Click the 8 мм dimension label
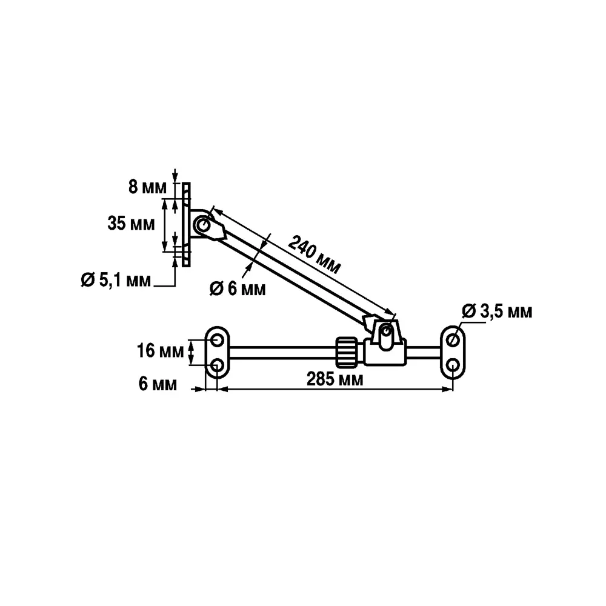[147, 187]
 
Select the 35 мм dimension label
[131, 224]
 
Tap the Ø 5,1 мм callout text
[116, 280]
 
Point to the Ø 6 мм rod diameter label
[238, 288]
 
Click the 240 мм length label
[315, 254]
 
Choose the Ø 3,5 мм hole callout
[497, 311]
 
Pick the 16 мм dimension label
[161, 351]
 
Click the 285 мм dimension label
[335, 379]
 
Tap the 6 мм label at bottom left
[158, 384]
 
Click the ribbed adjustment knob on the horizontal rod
[347, 352]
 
